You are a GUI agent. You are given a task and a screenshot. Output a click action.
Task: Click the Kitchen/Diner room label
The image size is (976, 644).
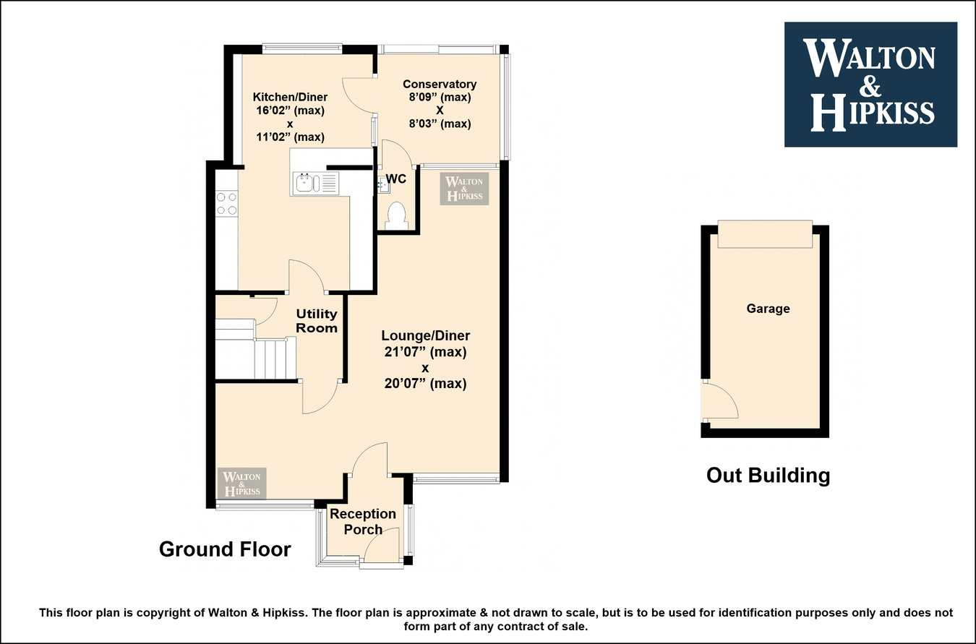pos(289,97)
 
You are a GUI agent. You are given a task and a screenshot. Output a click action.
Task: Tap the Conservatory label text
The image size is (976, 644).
pos(440,84)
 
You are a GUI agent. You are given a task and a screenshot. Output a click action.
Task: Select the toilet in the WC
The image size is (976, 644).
pos(396,215)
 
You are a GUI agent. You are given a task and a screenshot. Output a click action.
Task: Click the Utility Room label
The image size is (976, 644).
pos(317,321)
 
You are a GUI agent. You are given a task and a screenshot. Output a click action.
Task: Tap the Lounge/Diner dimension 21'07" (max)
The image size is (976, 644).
pos(425,352)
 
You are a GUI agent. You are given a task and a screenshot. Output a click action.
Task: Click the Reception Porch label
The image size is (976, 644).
pos(363,521)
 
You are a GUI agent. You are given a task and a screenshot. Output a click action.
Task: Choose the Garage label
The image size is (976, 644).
pos(768,309)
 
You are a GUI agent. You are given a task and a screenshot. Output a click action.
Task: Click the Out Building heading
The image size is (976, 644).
pos(768,475)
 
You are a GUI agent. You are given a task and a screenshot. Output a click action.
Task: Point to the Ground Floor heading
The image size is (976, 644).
pos(225,549)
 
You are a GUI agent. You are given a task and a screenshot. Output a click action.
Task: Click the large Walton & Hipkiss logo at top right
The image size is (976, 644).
pos(870,85)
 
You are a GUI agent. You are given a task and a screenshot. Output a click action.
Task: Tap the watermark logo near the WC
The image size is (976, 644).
pos(465,189)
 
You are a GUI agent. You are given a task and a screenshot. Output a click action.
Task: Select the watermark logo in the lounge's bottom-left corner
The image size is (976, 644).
pos(242,484)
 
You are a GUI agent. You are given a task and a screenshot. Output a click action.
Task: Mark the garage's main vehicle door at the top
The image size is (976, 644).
pos(765,234)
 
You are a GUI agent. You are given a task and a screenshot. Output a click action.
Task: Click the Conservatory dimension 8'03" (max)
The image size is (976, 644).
pos(440,124)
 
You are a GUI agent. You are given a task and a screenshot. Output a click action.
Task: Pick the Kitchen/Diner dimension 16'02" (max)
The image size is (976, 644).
pos(289,111)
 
